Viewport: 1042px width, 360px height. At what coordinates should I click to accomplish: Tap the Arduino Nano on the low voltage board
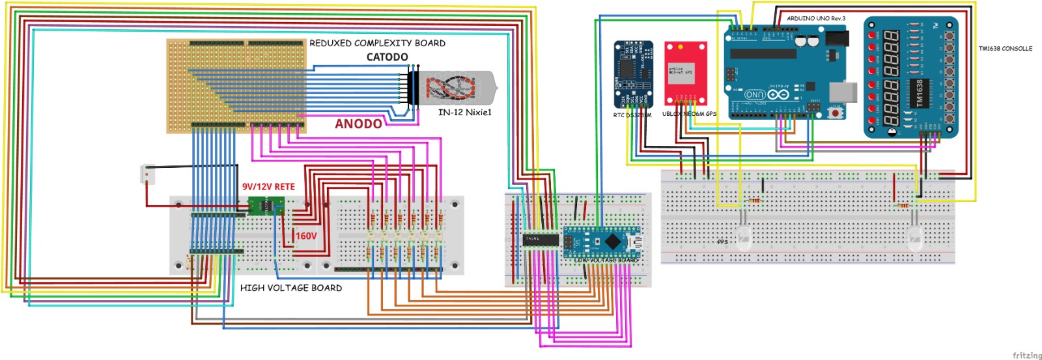[x=602, y=242]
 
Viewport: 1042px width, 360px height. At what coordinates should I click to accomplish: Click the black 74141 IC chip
[x=541, y=240]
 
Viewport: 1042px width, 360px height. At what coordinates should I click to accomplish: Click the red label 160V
[x=306, y=236]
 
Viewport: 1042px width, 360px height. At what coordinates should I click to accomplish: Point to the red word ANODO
[x=358, y=124]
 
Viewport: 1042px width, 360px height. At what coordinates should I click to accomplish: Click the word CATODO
[x=387, y=57]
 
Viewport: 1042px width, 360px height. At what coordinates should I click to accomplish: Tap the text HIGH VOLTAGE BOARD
[x=290, y=288]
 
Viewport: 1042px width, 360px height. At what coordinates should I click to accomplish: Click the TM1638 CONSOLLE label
[x=1005, y=49]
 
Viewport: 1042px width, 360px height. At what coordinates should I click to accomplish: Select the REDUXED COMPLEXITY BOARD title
[x=377, y=43]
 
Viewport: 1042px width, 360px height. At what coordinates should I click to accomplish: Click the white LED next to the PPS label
[x=744, y=238]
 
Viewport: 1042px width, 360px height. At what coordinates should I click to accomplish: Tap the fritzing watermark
[x=1026, y=355]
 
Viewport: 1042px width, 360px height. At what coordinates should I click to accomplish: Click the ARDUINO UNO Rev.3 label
[x=815, y=18]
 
